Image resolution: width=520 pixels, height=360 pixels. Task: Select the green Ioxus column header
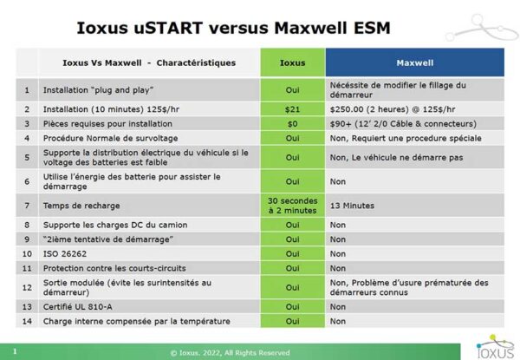pos(292,62)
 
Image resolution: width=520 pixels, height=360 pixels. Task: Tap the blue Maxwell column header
pos(414,62)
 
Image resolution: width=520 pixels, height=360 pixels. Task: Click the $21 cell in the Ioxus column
pos(292,109)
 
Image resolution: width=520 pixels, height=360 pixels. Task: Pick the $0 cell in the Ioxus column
pos(292,124)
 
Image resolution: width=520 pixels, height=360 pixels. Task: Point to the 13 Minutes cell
pos(352,206)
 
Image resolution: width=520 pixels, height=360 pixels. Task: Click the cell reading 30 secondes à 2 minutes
pos(292,206)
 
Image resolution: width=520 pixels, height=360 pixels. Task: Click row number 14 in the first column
pos(27,321)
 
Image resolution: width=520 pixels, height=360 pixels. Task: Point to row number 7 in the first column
pos(27,206)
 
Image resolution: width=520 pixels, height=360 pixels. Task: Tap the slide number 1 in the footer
pos(15,351)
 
